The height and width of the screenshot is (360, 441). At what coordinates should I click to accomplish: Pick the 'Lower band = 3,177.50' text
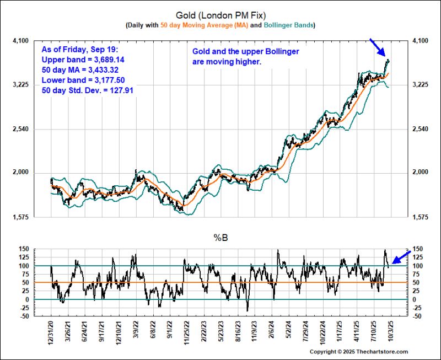pos(82,79)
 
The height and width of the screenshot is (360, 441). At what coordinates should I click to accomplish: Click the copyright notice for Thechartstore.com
pos(358,352)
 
